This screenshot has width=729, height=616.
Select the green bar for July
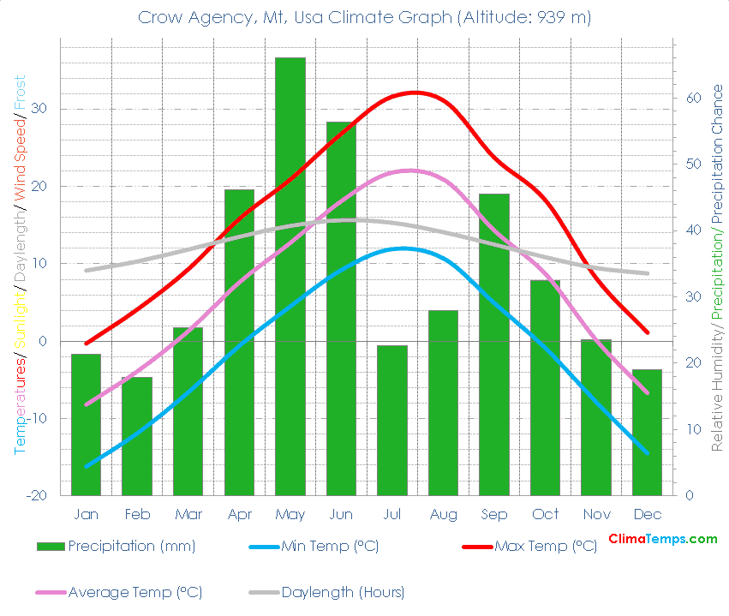pos(391,420)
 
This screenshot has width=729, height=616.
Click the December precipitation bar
pos(647,432)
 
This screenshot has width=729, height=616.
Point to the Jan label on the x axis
pos(86,514)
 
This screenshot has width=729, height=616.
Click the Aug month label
pos(443,514)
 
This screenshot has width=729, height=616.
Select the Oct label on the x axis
pos(545,514)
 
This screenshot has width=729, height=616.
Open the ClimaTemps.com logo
pos(662,539)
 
